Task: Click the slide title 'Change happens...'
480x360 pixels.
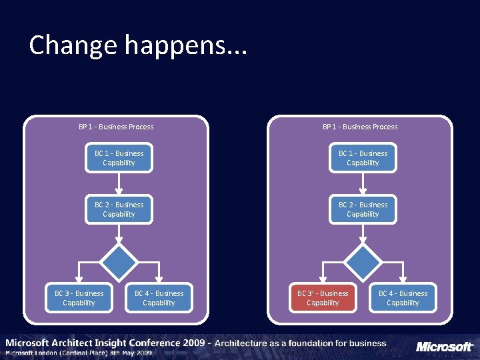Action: [138, 45]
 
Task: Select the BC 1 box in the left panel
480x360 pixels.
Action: [119, 158]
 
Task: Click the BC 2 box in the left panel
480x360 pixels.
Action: [119, 209]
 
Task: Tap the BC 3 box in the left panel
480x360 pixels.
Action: [79, 298]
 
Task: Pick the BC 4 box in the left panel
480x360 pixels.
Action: [159, 298]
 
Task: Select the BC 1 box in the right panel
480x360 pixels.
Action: [363, 158]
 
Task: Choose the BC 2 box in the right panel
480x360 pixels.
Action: [363, 209]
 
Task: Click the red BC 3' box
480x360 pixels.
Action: [323, 298]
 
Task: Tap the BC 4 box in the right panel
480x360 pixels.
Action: [403, 298]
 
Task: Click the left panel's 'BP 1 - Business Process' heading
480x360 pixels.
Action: [116, 127]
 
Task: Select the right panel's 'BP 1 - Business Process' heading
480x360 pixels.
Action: [360, 127]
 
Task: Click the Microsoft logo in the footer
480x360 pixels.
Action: [445, 347]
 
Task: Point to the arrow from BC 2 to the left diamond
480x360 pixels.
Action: [119, 233]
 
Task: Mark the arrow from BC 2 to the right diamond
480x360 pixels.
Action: [363, 233]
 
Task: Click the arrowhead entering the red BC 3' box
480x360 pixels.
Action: [323, 281]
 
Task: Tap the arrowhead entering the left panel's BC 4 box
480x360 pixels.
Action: [159, 281]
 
